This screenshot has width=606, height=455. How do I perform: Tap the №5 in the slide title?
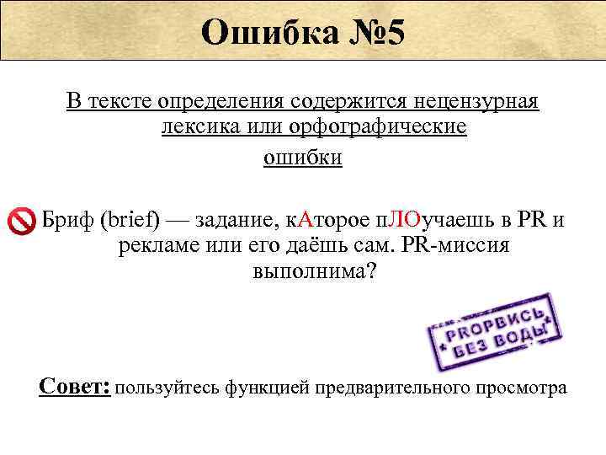click(x=370, y=33)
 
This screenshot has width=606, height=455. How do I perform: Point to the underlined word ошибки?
click(x=303, y=158)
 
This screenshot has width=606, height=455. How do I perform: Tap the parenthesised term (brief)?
click(x=130, y=221)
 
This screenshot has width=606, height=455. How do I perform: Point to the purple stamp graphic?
click(x=489, y=332)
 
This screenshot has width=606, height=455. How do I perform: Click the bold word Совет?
click(x=75, y=386)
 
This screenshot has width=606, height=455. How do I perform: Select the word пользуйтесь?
click(x=166, y=388)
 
